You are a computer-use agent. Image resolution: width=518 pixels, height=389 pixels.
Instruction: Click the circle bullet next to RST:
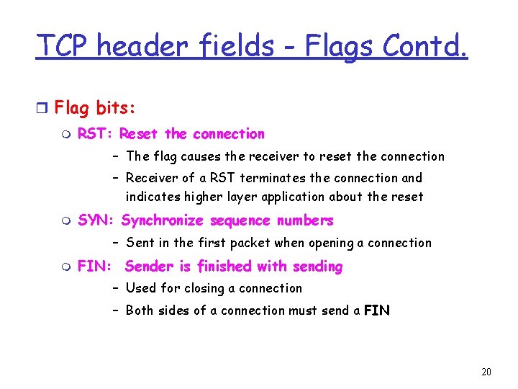tap(67, 135)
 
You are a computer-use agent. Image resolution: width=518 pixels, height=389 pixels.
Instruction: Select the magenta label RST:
tap(96, 134)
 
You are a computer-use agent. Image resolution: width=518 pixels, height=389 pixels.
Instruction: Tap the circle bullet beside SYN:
tap(67, 221)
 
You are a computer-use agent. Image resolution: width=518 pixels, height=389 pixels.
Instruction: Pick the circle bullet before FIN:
tap(67, 267)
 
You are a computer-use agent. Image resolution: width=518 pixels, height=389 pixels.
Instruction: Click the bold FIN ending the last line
tap(377, 310)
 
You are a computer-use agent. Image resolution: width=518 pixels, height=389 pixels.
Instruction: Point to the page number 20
tap(486, 372)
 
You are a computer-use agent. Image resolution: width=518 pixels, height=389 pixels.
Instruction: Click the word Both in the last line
tap(140, 310)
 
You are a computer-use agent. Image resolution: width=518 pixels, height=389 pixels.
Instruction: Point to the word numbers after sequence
tap(305, 220)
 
